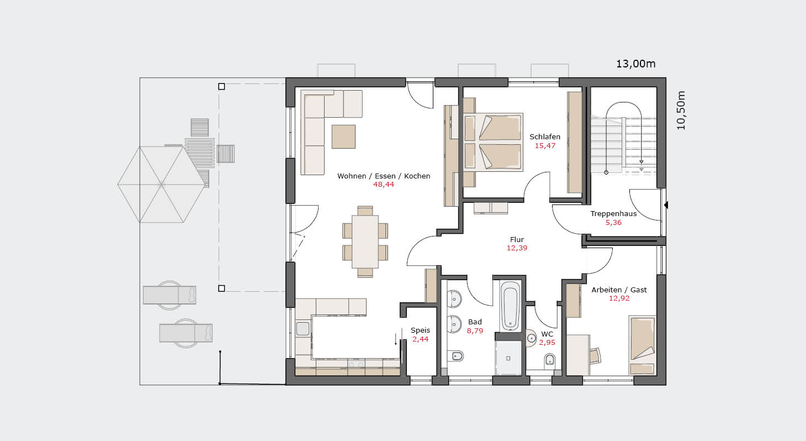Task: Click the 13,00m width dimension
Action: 636,64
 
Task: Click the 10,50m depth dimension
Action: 681,111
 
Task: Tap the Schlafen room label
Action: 545,137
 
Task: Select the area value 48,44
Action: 384,185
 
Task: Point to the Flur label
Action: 517,240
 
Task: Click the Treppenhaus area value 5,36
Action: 613,223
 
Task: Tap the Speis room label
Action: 420,330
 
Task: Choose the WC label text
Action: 547,334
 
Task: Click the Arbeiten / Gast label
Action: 619,290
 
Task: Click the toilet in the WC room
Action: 549,360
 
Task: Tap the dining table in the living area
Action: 365,242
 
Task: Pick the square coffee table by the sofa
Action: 343,136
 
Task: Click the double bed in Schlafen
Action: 492,142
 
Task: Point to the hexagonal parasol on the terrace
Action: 161,185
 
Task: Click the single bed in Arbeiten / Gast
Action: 642,345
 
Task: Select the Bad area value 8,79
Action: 475,330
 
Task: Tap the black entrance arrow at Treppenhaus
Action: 666,205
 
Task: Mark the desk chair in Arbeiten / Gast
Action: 595,355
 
